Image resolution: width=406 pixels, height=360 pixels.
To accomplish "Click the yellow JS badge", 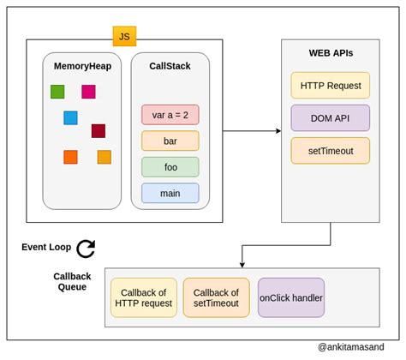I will coord(124,36).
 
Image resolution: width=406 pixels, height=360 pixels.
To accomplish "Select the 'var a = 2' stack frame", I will coord(170,115).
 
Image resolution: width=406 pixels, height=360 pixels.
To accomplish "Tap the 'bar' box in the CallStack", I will coord(170,141).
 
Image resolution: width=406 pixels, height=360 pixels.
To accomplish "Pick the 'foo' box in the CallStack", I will coord(170,167).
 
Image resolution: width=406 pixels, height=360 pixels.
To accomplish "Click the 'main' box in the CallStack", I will coord(170,193).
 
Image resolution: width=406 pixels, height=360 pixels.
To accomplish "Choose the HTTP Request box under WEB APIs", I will coord(330,85).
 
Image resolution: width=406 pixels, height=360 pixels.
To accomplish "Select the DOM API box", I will coord(330,117).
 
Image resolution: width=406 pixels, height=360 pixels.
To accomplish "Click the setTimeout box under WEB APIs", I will coord(330,150).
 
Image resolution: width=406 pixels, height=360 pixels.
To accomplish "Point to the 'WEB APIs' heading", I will coord(331,53).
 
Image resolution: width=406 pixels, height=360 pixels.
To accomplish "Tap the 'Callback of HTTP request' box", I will coord(144,297).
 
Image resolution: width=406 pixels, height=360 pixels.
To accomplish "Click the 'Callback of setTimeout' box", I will coord(216,297).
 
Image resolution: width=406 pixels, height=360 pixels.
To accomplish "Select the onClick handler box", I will coord(291,297).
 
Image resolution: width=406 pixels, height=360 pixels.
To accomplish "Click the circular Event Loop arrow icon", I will coord(86,249).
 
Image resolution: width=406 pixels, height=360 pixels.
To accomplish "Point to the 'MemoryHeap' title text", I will coord(81,65).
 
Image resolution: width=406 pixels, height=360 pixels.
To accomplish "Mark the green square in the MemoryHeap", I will coord(57,92).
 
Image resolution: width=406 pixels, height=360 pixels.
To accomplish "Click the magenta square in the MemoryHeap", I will coord(88,92).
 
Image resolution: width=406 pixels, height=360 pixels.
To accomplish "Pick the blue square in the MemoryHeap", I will coord(70,117).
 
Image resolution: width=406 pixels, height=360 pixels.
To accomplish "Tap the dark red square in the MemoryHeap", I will coord(99,131).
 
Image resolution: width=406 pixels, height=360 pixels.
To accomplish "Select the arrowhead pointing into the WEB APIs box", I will coord(278,131).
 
